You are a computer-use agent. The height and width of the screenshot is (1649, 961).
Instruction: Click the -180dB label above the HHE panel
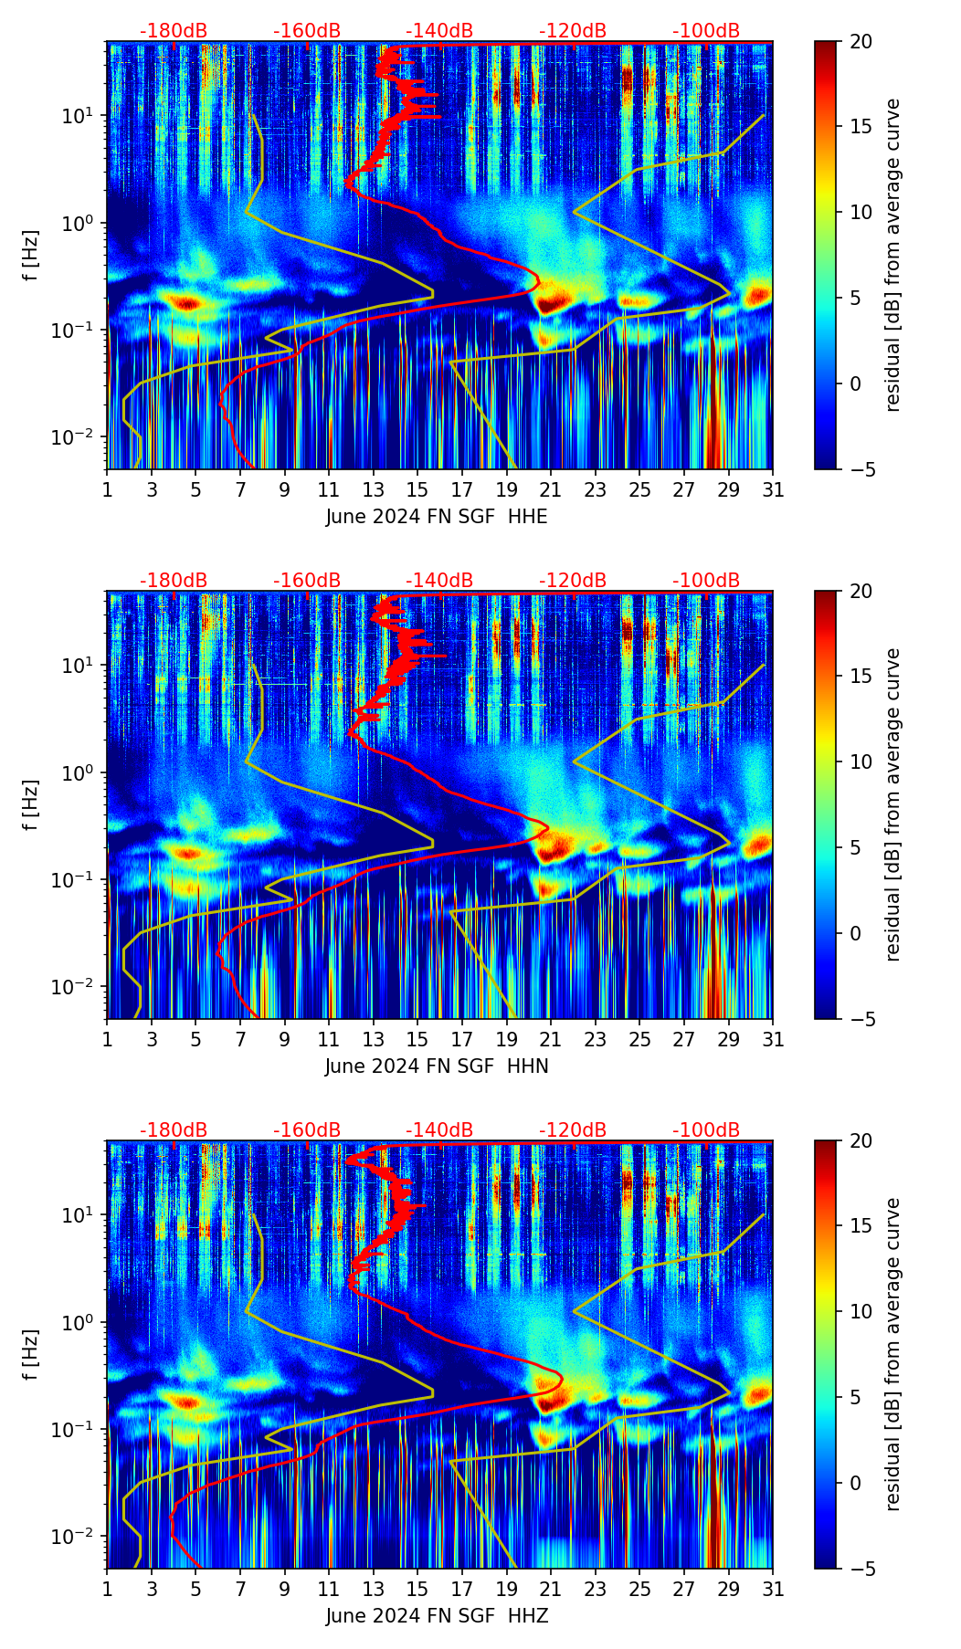point(174,31)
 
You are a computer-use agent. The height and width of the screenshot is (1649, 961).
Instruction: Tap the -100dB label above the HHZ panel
point(706,1130)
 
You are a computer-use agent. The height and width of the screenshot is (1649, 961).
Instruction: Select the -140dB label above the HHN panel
point(439,581)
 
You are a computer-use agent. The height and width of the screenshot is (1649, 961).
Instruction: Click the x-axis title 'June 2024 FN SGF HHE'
point(437,517)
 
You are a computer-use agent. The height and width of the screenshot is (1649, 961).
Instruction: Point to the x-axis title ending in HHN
point(437,1066)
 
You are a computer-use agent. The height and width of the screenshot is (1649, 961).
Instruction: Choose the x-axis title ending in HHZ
point(437,1616)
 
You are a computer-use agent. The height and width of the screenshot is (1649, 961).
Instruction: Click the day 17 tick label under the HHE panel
point(462,489)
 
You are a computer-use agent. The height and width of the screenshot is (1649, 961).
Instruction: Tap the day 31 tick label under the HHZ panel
point(773,1589)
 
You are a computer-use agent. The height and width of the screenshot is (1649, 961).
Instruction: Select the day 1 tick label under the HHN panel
point(108,1039)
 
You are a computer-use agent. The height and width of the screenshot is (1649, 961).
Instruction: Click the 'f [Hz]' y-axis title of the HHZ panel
point(31,1354)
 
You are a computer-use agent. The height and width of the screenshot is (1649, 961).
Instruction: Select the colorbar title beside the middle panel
point(892,804)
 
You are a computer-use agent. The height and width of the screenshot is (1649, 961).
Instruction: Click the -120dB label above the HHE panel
point(573,31)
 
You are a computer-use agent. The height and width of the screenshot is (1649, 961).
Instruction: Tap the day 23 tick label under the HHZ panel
point(596,1589)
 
